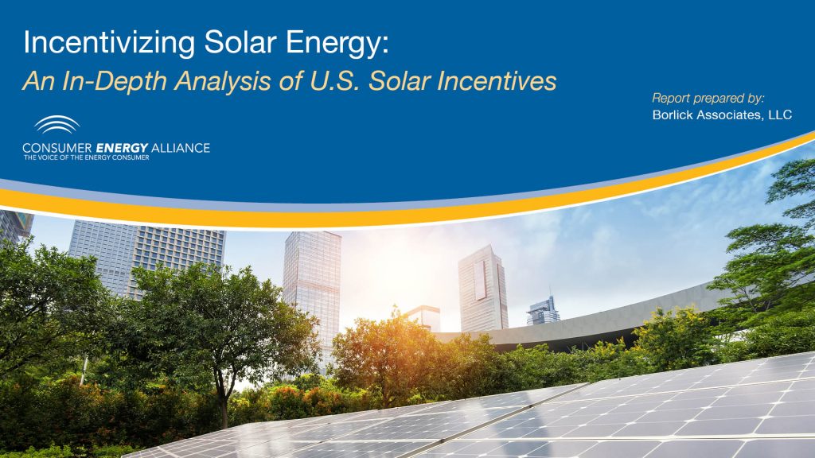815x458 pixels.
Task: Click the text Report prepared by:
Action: click(x=708, y=99)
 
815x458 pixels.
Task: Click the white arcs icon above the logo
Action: click(x=57, y=126)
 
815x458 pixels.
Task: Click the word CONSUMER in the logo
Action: click(x=57, y=148)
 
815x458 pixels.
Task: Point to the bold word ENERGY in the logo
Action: click(x=119, y=148)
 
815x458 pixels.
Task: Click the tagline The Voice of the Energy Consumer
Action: click(x=86, y=157)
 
